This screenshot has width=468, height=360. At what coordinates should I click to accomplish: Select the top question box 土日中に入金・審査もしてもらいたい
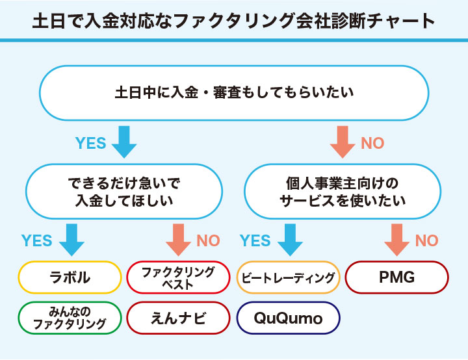point(234,93)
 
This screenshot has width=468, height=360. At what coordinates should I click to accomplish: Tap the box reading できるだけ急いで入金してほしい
point(123,192)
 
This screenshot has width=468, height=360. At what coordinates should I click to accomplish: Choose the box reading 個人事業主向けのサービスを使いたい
point(343,192)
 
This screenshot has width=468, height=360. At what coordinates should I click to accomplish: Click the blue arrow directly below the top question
point(123,142)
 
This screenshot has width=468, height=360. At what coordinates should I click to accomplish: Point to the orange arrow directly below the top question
point(343,142)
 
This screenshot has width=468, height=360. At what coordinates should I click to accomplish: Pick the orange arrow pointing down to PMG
point(397,240)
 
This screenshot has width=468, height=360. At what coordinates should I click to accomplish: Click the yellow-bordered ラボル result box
point(70,278)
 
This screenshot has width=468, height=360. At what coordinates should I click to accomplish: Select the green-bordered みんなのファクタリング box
point(70,318)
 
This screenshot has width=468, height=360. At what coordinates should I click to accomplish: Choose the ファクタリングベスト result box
point(178,278)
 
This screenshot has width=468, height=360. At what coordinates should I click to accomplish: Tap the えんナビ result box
point(178,318)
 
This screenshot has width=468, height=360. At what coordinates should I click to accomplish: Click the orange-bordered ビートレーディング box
point(288,278)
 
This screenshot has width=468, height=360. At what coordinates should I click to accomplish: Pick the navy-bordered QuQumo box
point(288,318)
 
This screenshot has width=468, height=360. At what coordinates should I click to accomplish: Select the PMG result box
point(396,278)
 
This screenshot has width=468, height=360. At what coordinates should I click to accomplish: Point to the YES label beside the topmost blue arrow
point(90,143)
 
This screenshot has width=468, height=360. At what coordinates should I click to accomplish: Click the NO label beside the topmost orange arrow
point(372,143)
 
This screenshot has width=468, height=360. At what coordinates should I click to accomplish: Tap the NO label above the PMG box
point(426,241)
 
